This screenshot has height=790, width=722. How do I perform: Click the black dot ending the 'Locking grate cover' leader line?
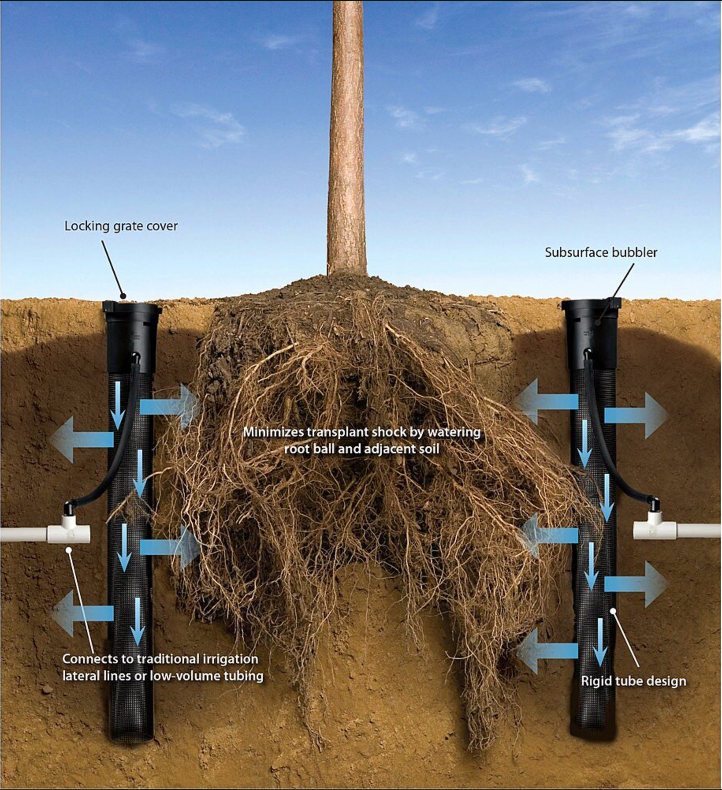click(x=123, y=296)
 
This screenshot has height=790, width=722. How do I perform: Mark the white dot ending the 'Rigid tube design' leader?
click(x=612, y=611)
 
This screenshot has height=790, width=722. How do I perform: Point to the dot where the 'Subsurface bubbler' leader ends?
click(x=598, y=323)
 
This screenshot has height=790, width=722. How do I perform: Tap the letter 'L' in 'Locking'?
click(x=68, y=226)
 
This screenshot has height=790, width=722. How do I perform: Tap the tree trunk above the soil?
click(x=347, y=138)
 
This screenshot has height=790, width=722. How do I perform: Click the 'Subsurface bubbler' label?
click(x=601, y=252)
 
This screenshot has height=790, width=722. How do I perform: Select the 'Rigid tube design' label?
click(x=634, y=681)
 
